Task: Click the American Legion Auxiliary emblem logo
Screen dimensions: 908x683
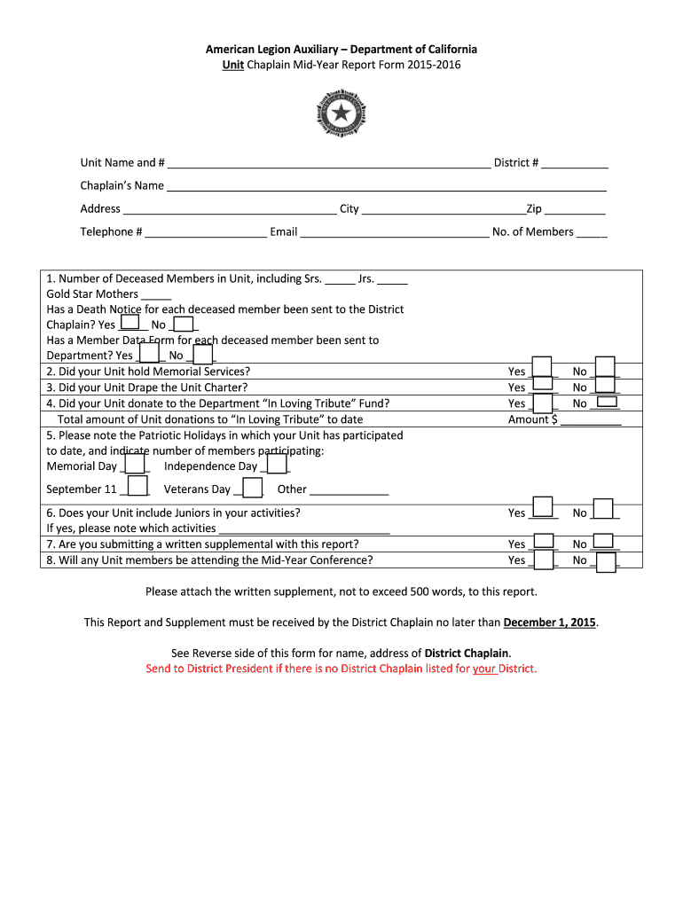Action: click(341, 113)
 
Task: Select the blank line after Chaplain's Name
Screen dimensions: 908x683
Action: click(387, 185)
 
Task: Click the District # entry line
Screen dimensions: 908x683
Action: click(575, 162)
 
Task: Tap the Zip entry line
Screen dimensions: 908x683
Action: click(575, 209)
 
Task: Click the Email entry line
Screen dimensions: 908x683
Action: click(393, 232)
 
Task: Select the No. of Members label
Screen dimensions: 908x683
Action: click(532, 232)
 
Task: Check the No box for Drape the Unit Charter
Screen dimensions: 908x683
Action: click(606, 385)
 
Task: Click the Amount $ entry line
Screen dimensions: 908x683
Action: click(591, 420)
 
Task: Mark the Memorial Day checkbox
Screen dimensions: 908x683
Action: click(135, 464)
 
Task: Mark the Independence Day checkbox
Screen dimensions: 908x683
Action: click(277, 464)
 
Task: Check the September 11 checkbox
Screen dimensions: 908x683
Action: click(137, 486)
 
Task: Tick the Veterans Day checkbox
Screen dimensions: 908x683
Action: click(252, 488)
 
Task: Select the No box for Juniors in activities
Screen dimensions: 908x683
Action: click(603, 509)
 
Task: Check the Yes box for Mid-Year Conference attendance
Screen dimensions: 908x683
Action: click(543, 561)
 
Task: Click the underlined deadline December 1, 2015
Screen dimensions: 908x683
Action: click(550, 622)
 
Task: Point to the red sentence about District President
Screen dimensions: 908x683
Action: click(341, 669)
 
